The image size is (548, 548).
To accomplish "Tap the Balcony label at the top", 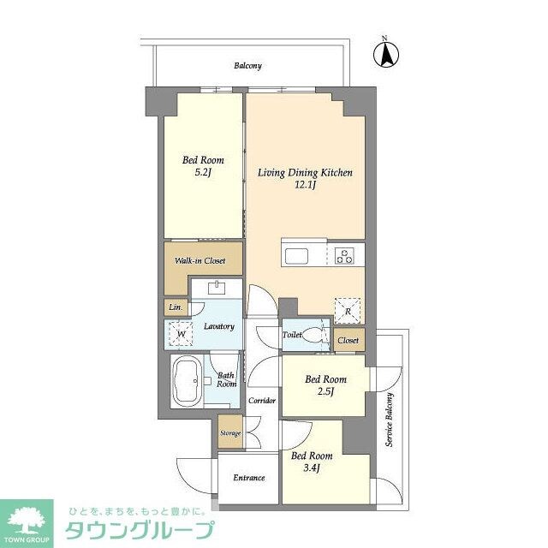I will [x=247, y=66].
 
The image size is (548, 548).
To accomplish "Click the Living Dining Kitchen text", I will [x=306, y=173].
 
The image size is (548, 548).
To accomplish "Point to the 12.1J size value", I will [x=306, y=186].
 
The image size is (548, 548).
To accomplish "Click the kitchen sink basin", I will [x=299, y=256].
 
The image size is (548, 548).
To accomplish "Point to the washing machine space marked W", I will [x=179, y=331].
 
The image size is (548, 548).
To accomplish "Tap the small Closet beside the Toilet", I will [x=348, y=340].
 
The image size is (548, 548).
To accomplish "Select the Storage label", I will [x=229, y=433].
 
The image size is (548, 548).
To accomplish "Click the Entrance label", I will [x=247, y=478].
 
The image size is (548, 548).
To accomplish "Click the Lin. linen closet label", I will [x=175, y=306].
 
